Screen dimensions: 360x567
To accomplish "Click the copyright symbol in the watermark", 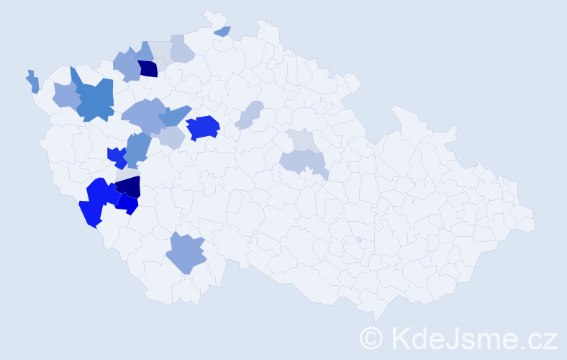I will point(372,337).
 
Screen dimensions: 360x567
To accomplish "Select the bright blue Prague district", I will point(203,127).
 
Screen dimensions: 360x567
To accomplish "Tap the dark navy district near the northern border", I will point(148,69).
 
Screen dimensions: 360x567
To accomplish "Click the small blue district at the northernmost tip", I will point(222,31).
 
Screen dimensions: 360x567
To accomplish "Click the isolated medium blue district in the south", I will point(186,253).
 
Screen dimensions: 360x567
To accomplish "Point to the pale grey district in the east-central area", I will point(303,139).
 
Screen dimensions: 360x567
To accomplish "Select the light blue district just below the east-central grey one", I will point(303,162).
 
